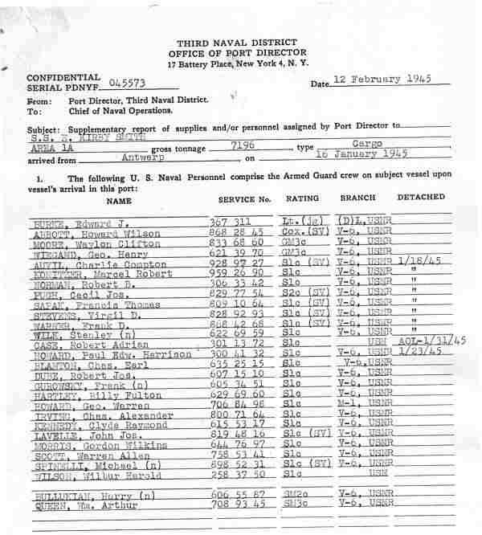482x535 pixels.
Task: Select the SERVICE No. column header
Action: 244,198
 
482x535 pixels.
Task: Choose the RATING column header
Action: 301,198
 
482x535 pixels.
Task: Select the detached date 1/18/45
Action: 418,260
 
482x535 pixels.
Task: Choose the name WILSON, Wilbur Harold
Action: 78,474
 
